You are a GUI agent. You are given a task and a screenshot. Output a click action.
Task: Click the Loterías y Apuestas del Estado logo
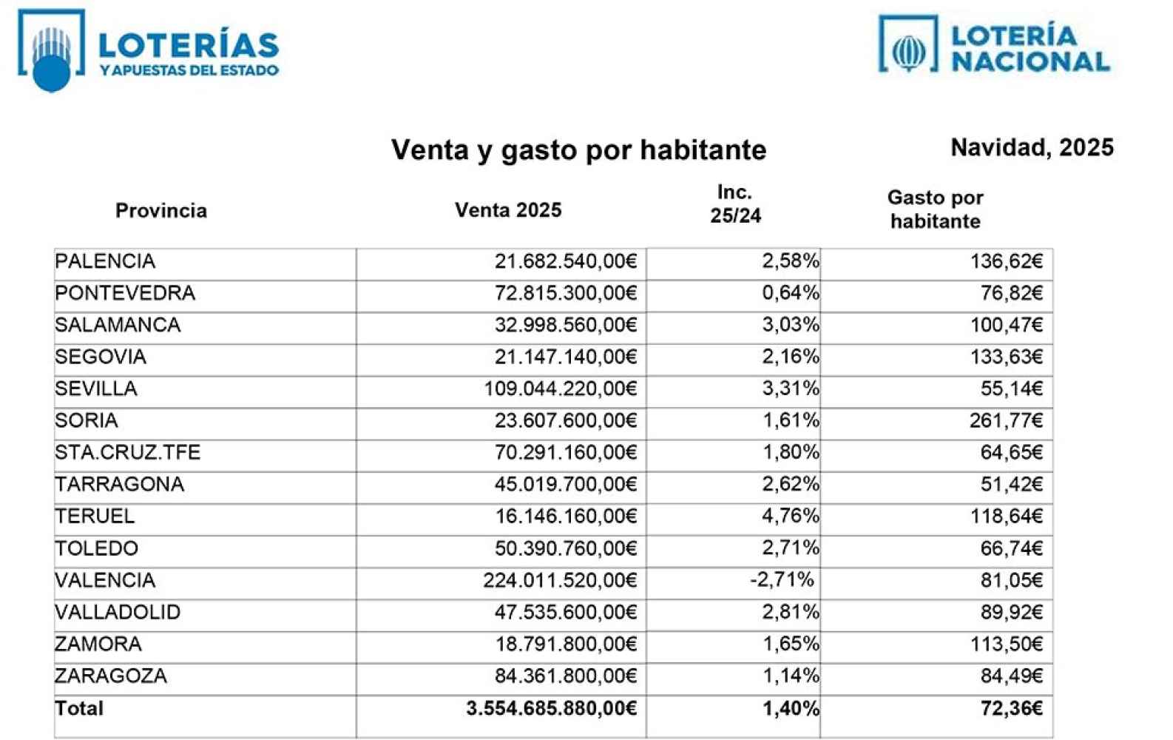click(148, 50)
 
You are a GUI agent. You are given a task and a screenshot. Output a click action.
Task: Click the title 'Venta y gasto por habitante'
click(578, 149)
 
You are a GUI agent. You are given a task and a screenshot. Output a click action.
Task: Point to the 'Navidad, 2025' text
click(1032, 147)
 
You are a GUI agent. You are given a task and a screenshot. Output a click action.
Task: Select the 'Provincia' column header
click(160, 211)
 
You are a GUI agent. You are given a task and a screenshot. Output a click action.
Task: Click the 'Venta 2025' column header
click(508, 210)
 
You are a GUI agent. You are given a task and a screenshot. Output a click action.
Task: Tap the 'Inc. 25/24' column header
click(735, 203)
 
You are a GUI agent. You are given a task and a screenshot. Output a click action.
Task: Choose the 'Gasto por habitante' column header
click(935, 209)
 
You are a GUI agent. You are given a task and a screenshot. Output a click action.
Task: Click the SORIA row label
click(87, 420)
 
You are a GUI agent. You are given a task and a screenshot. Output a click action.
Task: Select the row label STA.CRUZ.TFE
click(128, 452)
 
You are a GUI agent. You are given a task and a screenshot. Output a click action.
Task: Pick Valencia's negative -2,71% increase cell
click(782, 580)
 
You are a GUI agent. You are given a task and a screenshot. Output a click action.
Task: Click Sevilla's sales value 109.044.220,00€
click(560, 389)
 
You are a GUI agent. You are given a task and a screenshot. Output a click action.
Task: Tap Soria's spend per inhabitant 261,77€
click(1006, 421)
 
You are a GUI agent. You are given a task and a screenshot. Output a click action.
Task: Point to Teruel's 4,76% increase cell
click(790, 516)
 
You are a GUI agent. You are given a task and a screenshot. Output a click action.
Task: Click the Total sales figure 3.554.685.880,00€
click(551, 708)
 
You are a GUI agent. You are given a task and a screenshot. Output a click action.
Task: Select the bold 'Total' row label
click(79, 708)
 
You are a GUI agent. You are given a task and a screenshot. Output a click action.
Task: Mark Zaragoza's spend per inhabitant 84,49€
click(1011, 676)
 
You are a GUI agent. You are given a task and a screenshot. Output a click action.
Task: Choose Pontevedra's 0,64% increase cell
click(790, 293)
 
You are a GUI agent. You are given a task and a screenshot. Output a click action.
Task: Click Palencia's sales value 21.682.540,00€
click(565, 261)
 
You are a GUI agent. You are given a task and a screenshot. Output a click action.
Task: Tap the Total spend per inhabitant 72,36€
click(1011, 708)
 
